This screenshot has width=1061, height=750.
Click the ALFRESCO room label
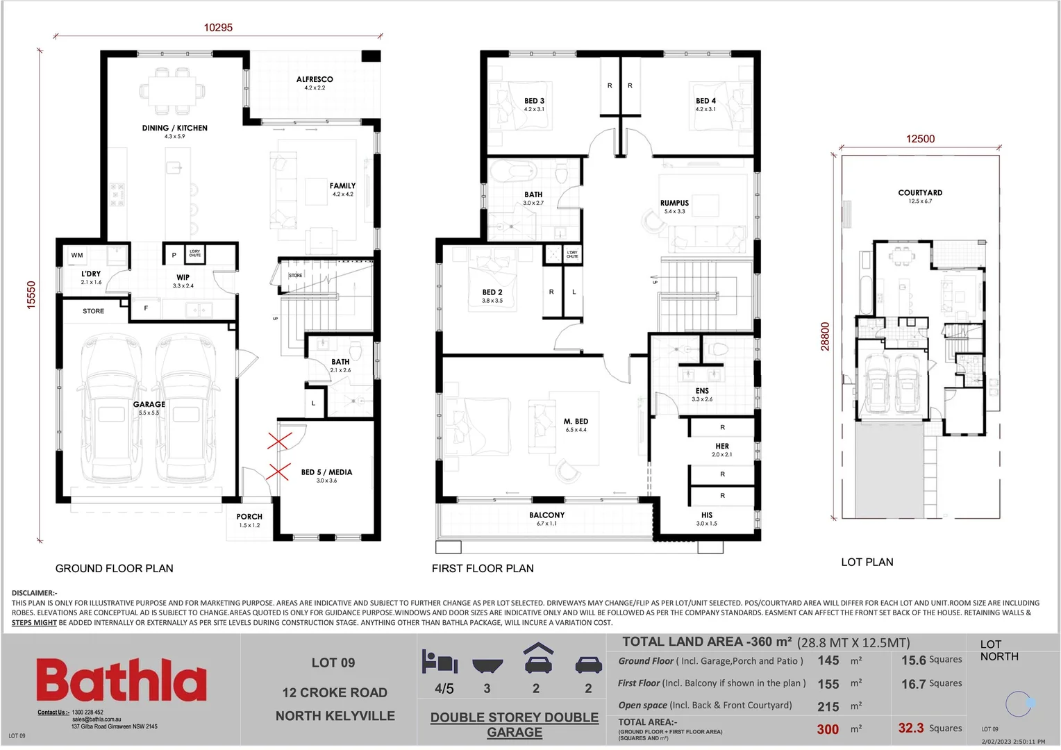click(x=315, y=80)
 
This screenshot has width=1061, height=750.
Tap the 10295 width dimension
click(x=218, y=28)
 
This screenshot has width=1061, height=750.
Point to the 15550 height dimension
click(x=31, y=294)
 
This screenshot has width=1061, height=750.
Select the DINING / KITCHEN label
click(x=175, y=128)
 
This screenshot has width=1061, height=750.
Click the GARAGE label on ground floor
click(x=149, y=404)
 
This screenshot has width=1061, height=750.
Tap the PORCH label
click(x=249, y=517)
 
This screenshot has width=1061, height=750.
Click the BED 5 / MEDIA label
click(x=326, y=472)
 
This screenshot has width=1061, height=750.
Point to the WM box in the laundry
click(x=77, y=256)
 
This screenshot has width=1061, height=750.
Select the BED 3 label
click(x=534, y=101)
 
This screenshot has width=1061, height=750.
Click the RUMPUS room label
click(x=674, y=203)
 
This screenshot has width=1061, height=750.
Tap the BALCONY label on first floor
click(x=546, y=515)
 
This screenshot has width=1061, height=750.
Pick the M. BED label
click(x=576, y=422)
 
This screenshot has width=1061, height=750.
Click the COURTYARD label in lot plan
click(x=920, y=193)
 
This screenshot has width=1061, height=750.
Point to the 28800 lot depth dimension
click(x=826, y=336)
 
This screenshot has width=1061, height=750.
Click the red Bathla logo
click(x=122, y=681)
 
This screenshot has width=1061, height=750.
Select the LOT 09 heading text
click(x=333, y=663)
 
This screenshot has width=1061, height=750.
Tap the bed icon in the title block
click(x=440, y=662)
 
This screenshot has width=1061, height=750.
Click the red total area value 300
click(x=828, y=729)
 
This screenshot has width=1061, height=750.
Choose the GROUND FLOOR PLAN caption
click(x=115, y=568)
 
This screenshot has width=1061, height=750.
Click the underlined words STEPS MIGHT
click(x=34, y=623)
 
